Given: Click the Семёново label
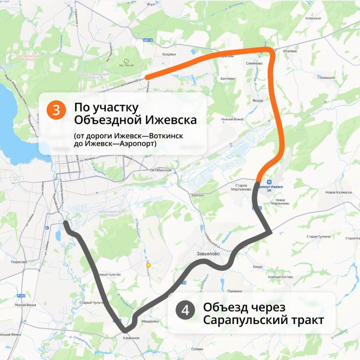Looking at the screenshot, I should coord(255,63).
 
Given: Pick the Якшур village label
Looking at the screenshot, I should coord(257,100).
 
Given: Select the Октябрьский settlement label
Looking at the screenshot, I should coord(161,170).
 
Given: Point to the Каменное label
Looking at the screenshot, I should coord(131,337).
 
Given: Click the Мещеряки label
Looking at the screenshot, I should coord(150,321).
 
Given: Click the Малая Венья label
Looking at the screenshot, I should coord(24,305).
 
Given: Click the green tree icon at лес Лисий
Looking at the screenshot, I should coord(126,60).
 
